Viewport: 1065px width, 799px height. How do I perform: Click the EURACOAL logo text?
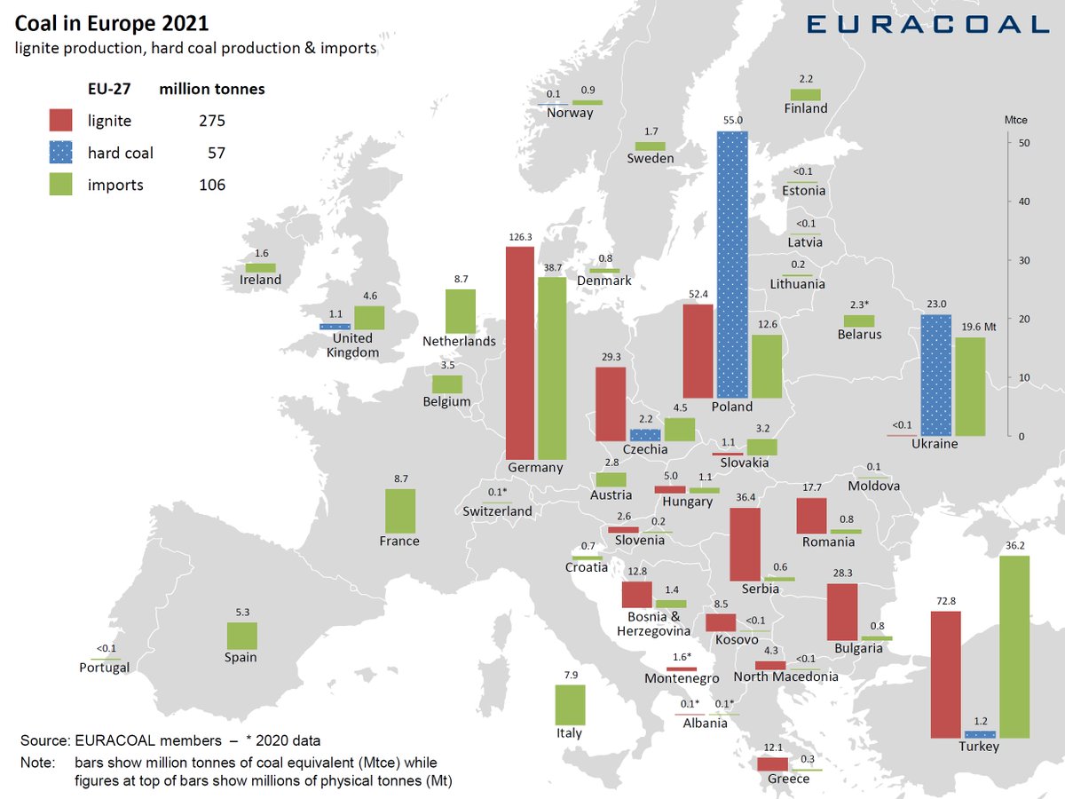coord(927,23)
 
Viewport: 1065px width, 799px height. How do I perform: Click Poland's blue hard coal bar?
coord(732,265)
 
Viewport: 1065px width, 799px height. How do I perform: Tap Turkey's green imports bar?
coord(1014,647)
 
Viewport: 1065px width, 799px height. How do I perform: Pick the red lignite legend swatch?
coord(60,121)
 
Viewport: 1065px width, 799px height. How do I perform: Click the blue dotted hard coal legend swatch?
coord(60,153)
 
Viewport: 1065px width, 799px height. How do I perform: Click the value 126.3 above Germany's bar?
coord(519,238)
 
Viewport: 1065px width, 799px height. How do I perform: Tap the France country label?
coord(399,541)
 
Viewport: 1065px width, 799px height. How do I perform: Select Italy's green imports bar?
coord(570,705)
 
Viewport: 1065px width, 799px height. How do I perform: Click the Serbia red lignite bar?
coord(745,544)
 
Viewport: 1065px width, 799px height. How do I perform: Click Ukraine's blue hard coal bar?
coord(935,376)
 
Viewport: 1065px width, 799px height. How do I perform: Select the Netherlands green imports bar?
coord(460,311)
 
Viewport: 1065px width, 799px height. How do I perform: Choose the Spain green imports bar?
coord(241,636)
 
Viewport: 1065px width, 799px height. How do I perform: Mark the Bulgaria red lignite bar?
coord(841,612)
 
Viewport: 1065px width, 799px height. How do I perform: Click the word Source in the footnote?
coord(43,740)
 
